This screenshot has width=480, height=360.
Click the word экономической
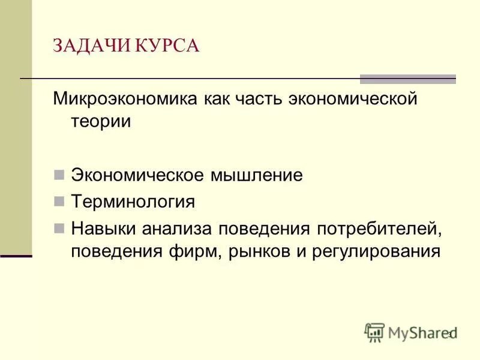[349, 99]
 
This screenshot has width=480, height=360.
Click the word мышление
[254, 176]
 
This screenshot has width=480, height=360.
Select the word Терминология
[133, 202]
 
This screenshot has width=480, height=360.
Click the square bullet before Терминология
[59, 202]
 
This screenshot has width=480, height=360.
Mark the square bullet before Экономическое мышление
[59, 176]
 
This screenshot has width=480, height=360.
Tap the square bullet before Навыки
[59, 228]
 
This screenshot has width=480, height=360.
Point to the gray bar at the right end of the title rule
[407, 79]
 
